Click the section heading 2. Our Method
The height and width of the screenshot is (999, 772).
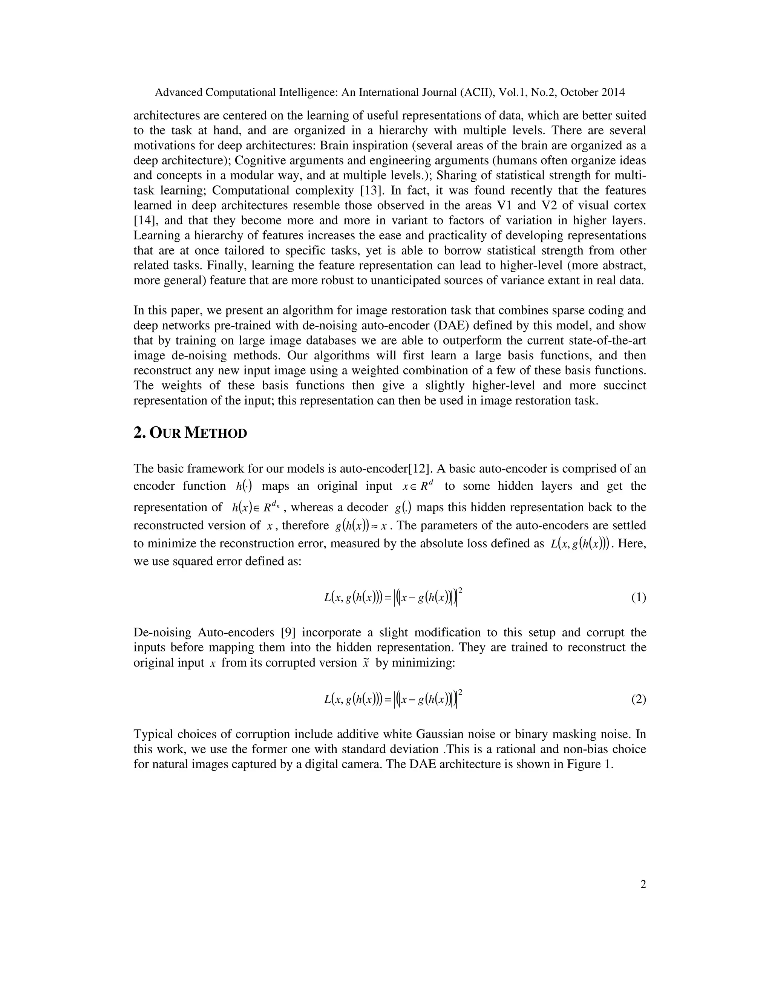[x=190, y=433]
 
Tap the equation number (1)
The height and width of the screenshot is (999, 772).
[x=639, y=598]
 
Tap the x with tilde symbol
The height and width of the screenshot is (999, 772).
[x=365, y=663]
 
